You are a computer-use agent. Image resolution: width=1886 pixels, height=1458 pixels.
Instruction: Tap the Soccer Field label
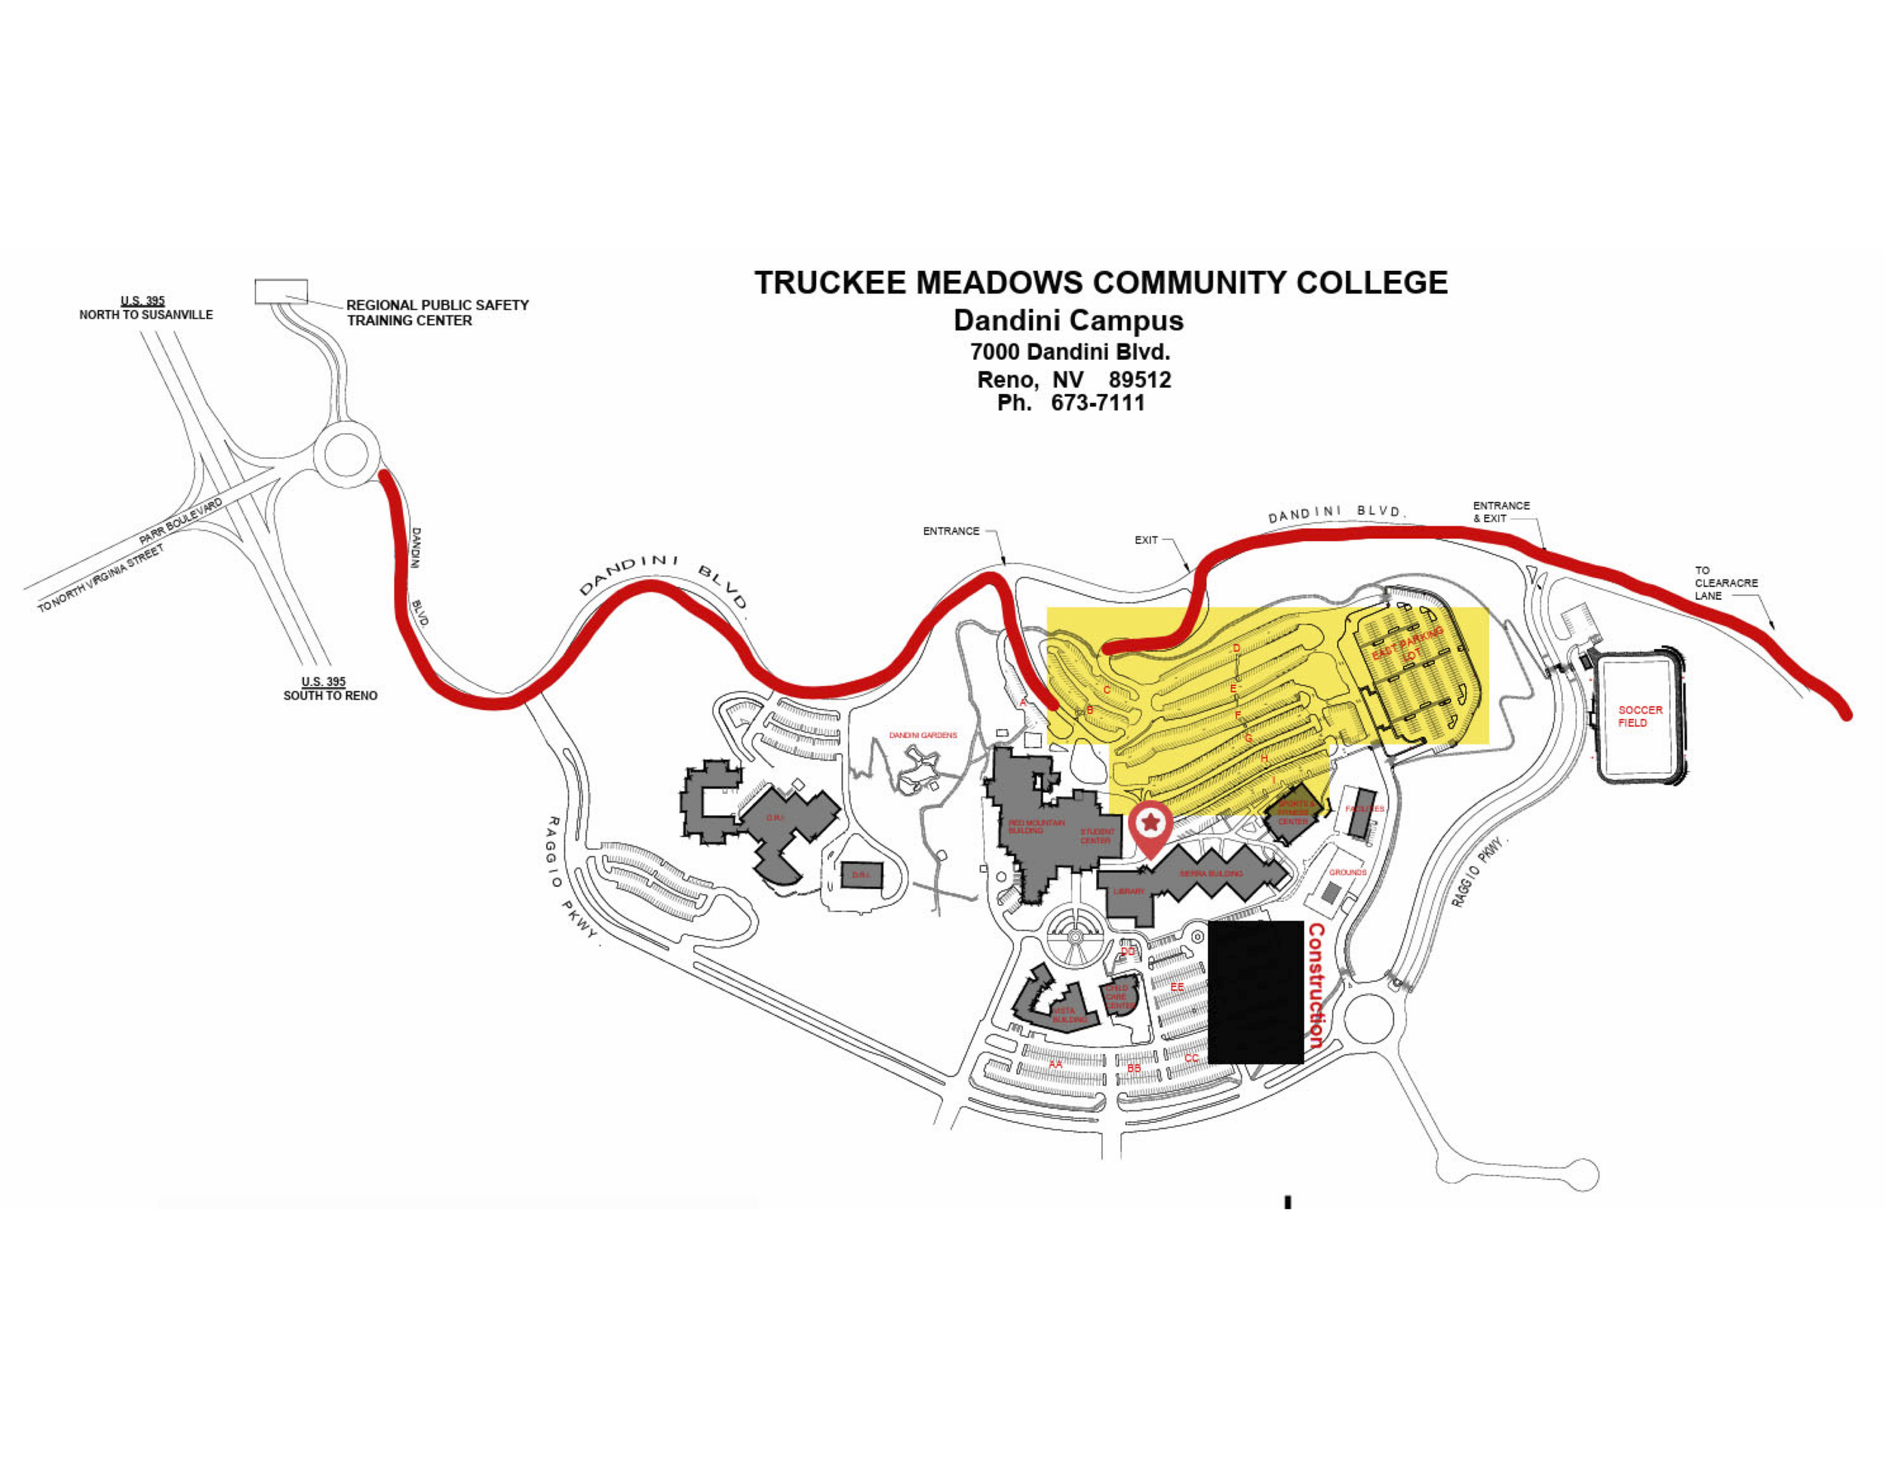pyautogui.click(x=1639, y=716)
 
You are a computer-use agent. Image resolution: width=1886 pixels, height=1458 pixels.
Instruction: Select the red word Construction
pyautogui.click(x=1315, y=986)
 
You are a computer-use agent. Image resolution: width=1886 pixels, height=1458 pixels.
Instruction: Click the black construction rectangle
pyautogui.click(x=1255, y=992)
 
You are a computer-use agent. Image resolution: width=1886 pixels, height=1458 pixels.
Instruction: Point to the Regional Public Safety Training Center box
pyautogui.click(x=281, y=291)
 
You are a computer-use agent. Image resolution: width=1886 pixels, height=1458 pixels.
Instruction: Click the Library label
pyautogui.click(x=1129, y=891)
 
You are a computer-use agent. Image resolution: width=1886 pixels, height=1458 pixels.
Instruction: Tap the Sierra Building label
pyautogui.click(x=1211, y=873)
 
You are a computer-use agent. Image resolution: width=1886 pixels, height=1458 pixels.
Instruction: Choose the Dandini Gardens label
pyautogui.click(x=923, y=735)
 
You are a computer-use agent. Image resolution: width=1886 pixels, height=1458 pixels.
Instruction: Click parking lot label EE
pyautogui.click(x=1177, y=986)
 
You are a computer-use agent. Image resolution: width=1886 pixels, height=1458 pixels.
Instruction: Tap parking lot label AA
pyautogui.click(x=1055, y=1064)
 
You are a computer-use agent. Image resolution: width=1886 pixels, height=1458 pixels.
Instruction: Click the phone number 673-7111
pyautogui.click(x=1098, y=404)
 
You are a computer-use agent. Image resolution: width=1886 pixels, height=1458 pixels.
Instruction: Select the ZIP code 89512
pyautogui.click(x=1140, y=380)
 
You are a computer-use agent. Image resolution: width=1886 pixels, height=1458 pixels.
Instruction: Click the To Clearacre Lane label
pyautogui.click(x=1725, y=583)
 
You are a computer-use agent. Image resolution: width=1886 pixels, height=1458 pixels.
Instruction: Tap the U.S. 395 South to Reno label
pyautogui.click(x=329, y=688)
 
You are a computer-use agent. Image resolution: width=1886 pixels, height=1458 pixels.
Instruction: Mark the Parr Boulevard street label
pyautogui.click(x=180, y=521)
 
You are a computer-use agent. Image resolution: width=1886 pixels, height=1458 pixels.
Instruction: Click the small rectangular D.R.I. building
pyautogui.click(x=862, y=875)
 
